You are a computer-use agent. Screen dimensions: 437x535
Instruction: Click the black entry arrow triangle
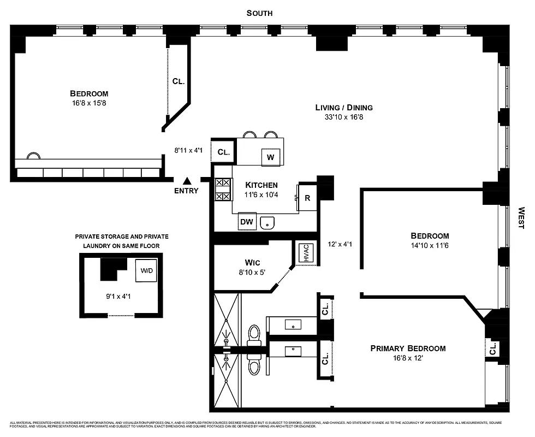pos(187,181)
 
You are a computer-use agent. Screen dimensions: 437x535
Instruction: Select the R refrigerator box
pos(307,198)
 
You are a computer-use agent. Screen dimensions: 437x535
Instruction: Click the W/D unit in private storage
pos(146,270)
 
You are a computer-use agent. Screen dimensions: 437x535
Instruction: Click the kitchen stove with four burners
pos(223,190)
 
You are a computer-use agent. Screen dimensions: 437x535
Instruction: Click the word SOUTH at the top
pos(259,13)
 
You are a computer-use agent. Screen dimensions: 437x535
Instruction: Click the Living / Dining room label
pos(344,107)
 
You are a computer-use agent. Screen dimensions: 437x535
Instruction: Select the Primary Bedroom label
pos(408,349)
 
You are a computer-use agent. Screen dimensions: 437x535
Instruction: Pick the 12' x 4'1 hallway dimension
pos(340,244)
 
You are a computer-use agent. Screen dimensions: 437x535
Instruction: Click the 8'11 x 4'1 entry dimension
pos(188,150)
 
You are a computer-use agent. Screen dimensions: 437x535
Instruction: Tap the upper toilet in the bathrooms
pos(254,334)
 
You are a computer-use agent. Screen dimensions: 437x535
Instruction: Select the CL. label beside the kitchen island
pos(223,152)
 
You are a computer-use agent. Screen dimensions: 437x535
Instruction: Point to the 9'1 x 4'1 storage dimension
pos(121,297)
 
